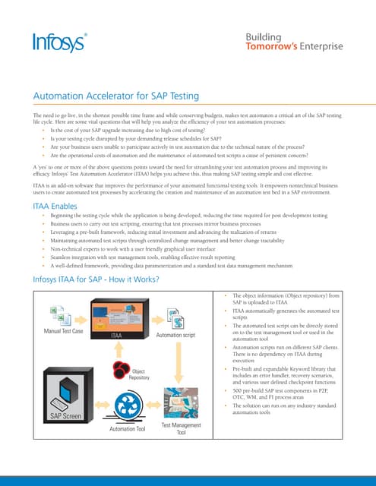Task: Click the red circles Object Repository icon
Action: click(121, 370)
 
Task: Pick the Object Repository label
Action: click(139, 374)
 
